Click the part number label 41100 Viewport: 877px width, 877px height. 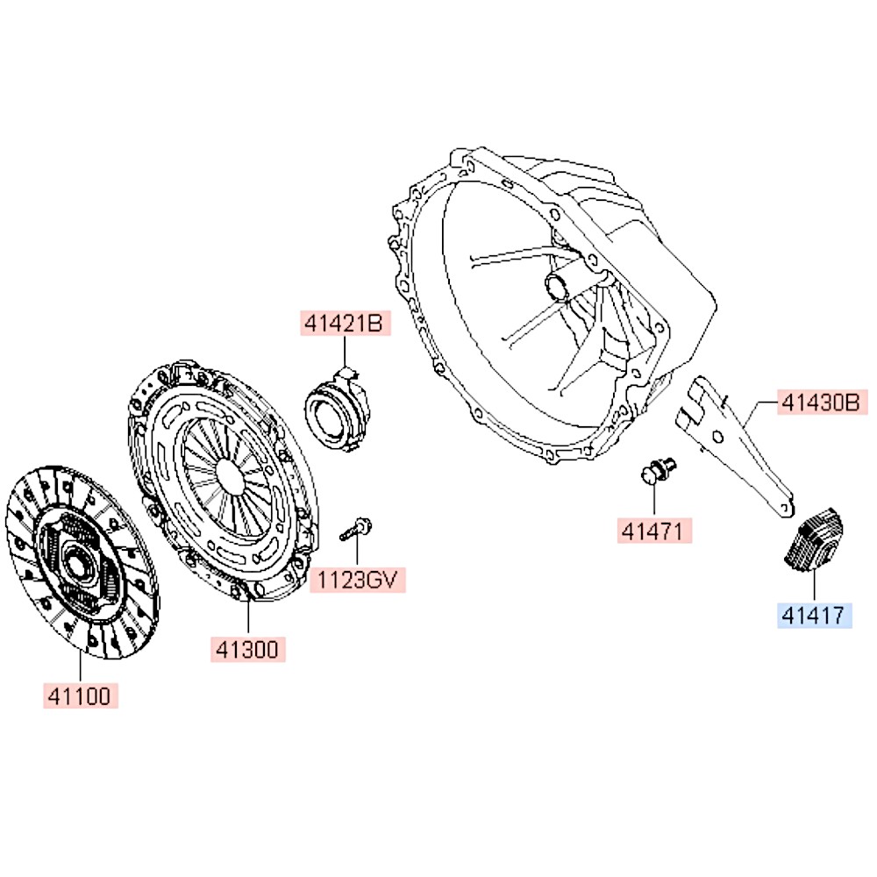tap(80, 695)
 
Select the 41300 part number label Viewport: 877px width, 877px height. tap(248, 649)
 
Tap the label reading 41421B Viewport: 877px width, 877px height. tap(345, 324)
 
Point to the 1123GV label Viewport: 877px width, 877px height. tap(358, 580)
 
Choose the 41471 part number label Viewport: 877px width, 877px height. tap(654, 531)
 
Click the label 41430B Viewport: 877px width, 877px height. tap(823, 403)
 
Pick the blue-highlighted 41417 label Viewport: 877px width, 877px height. tap(815, 616)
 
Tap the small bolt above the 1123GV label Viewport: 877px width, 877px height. tap(356, 529)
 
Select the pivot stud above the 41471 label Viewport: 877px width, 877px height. tap(659, 471)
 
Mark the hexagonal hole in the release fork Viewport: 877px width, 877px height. tap(718, 437)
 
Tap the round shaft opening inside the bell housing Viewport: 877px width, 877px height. tap(558, 287)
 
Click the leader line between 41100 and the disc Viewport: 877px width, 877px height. tap(80, 667)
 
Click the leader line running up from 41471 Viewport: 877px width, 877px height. tap(654, 500)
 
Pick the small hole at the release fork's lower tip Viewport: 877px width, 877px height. tap(785, 507)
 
